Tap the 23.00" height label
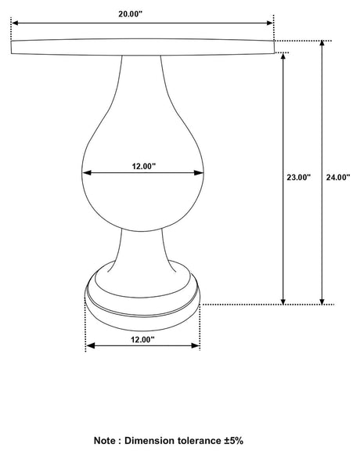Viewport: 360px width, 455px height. click(299, 177)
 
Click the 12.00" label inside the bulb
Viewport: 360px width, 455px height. click(143, 165)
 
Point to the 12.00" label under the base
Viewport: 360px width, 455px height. click(142, 339)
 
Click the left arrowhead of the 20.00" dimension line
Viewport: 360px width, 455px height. click(15, 23)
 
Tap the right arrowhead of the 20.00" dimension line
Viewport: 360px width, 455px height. click(270, 23)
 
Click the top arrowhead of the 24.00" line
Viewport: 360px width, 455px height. click(322, 44)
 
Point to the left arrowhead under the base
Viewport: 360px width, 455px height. click(88, 345)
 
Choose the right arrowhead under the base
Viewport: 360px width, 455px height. click(196, 345)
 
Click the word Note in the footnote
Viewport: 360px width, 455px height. click(107, 442)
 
